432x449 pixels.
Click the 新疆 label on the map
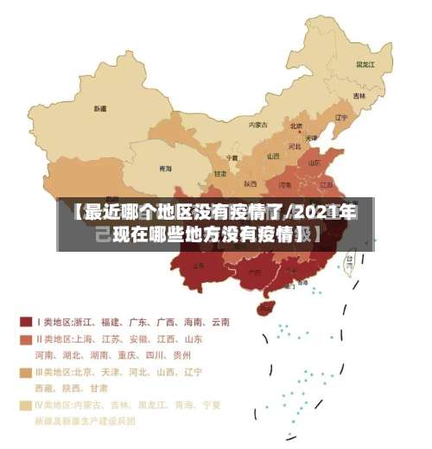tap(101, 110)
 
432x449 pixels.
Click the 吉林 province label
tap(359, 95)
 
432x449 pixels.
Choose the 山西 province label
tap(273, 157)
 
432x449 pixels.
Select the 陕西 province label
tap(250, 183)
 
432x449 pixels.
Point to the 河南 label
tap(284, 184)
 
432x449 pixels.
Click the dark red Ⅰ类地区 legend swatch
tap(26, 322)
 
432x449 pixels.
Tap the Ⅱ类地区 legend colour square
tap(26, 339)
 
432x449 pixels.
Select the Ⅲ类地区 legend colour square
tap(26, 372)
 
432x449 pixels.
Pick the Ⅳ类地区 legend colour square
tap(26, 405)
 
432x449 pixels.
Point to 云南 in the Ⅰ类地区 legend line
tap(219, 322)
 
